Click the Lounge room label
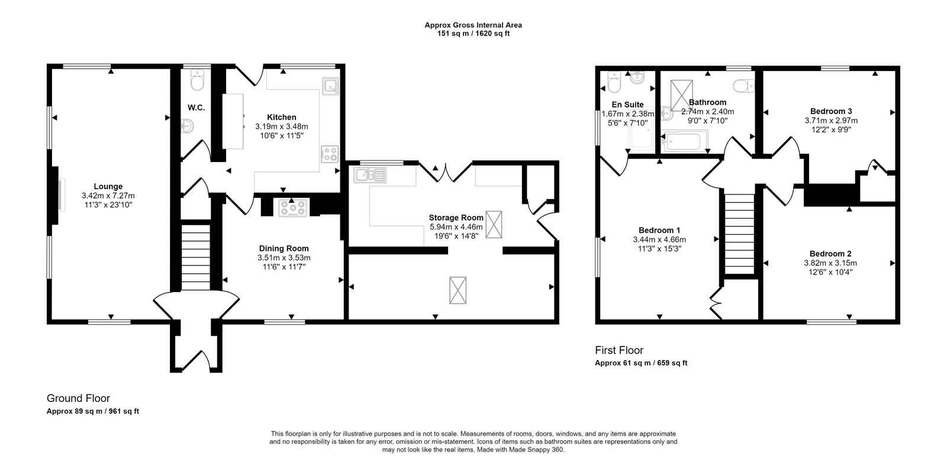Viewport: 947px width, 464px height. tap(108, 186)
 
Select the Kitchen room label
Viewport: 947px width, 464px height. tap(281, 117)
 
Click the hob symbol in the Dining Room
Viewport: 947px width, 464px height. tap(293, 207)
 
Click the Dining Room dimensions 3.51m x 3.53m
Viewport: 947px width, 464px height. tap(284, 258)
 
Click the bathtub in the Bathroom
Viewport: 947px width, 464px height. tap(684, 142)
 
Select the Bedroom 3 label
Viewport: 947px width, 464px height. tap(831, 111)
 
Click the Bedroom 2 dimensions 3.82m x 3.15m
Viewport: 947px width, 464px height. tap(830, 263)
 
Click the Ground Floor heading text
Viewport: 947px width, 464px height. tap(78, 398)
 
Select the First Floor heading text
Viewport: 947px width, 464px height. tap(619, 350)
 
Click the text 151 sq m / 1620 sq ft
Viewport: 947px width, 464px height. tap(473, 34)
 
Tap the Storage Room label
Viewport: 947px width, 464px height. tap(456, 218)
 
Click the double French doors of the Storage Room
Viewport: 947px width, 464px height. tap(445, 171)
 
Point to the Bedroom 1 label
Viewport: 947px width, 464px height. tap(659, 230)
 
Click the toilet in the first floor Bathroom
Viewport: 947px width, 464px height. tap(743, 87)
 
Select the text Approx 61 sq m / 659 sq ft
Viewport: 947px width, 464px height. tap(641, 363)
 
